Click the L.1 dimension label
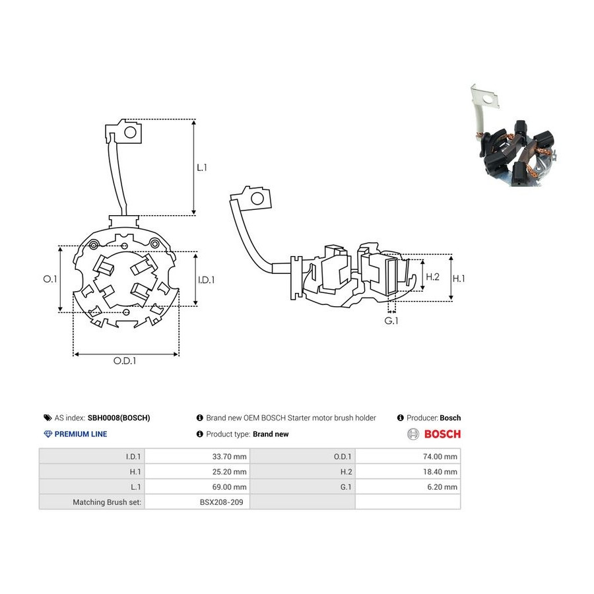coord(202,168)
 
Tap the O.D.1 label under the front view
coord(125,360)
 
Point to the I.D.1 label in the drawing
coord(206,280)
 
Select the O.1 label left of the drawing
coord(49,279)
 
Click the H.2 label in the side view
coord(432,277)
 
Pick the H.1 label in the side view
coord(459,279)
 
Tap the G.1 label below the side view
coord(391,321)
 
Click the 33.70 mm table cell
coord(229,457)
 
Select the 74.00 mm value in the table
coord(440,457)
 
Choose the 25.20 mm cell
coord(229,472)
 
